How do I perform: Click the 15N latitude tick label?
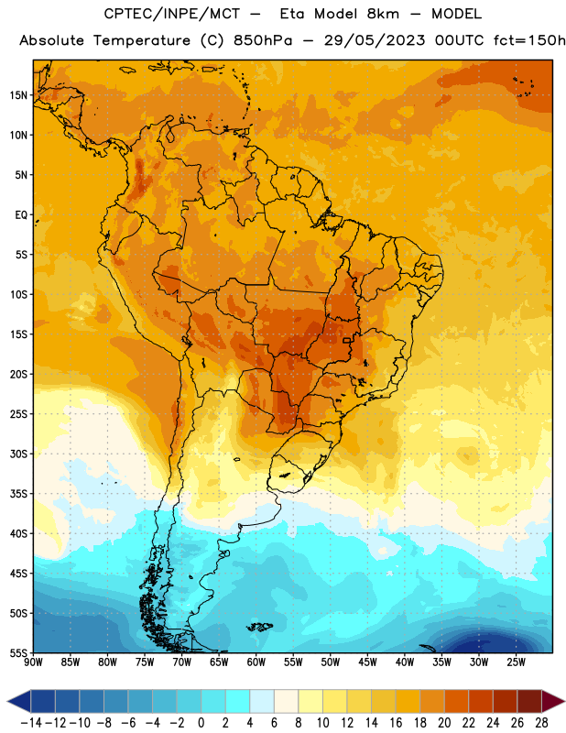point(18,95)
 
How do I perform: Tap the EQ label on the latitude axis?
point(21,215)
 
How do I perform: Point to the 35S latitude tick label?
point(18,494)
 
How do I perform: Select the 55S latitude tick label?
point(18,652)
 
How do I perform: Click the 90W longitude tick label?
point(34,662)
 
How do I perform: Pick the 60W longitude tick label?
point(256,662)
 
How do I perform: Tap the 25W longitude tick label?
point(516,662)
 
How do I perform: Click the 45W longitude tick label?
point(367,662)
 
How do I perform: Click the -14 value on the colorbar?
point(31,723)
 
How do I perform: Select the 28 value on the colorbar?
point(541,723)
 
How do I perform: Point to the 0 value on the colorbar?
point(201,723)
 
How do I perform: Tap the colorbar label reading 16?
point(396,723)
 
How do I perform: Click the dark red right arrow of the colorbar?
point(551,701)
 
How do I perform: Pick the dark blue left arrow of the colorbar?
point(19,701)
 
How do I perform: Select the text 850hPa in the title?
point(263,40)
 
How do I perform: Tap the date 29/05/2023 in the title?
point(375,40)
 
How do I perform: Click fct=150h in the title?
point(529,40)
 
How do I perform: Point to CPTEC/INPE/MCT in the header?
point(171,14)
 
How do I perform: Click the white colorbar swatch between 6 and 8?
point(286,701)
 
